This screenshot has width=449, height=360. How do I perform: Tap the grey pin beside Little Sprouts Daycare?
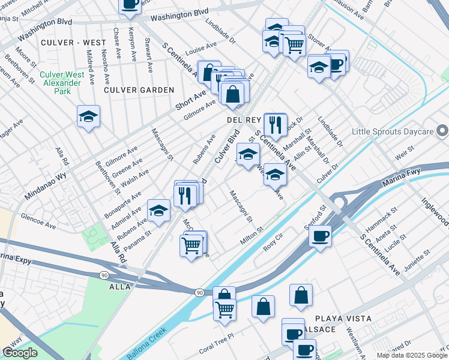[442, 130]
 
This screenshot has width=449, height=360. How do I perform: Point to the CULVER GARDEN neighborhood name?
[139, 90]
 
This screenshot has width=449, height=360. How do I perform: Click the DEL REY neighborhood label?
[243, 119]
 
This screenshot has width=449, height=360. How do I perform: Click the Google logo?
[20, 353]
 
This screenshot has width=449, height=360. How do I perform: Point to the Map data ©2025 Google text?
[412, 355]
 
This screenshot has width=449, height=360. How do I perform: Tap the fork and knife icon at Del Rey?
[276, 125]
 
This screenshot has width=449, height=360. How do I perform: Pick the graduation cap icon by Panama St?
[158, 211]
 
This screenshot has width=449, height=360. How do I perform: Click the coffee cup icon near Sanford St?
[321, 235]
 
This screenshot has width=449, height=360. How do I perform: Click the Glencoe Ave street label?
[37, 223]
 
